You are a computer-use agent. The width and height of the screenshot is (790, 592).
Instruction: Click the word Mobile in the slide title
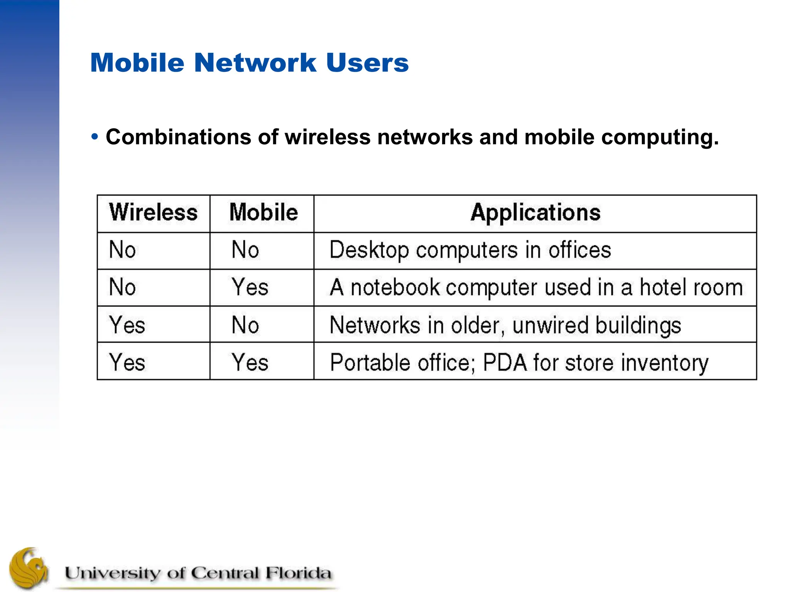coord(137,62)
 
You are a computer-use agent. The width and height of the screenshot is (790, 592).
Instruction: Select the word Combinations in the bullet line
coord(179,137)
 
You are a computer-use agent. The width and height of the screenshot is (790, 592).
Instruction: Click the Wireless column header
coord(153,212)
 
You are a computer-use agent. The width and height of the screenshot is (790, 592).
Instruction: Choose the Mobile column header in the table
coord(263,212)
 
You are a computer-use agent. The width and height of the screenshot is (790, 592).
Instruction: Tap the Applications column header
coord(535,212)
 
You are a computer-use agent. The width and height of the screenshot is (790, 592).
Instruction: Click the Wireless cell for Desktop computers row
coord(123,250)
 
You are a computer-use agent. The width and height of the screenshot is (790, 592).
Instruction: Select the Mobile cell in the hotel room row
coord(250,287)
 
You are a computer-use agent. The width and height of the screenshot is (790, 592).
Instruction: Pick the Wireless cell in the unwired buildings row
coord(127,325)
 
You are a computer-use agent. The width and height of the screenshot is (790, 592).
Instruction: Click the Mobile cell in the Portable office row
coord(250,362)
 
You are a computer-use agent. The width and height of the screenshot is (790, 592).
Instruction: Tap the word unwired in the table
coord(550,325)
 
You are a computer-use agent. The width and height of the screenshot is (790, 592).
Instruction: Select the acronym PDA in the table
coord(505,362)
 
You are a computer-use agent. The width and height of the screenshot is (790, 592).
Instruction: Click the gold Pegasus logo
coord(29,568)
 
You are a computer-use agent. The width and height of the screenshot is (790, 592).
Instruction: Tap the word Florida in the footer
coord(298,573)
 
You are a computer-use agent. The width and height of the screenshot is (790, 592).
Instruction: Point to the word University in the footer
coord(112,573)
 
